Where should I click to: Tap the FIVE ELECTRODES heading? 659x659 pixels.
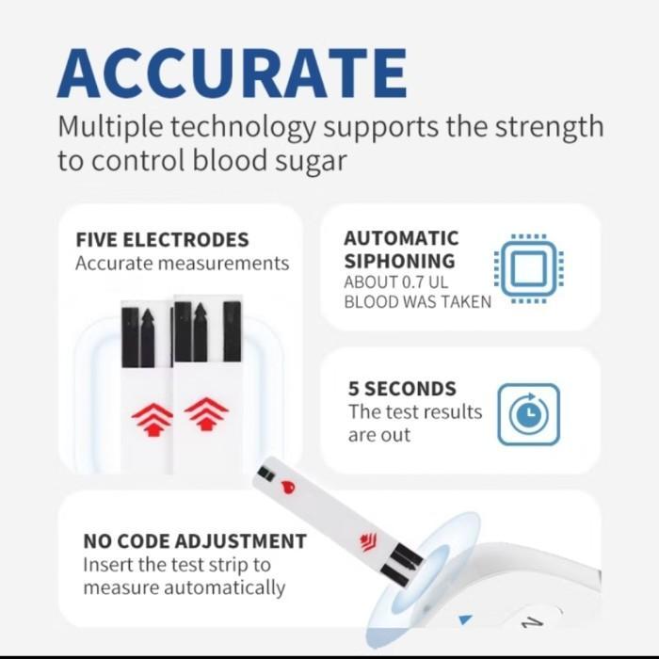coord(162,239)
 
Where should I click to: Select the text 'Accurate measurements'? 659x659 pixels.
coord(182,264)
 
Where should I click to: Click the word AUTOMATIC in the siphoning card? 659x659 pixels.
coord(401,238)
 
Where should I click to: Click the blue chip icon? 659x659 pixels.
coord(528,269)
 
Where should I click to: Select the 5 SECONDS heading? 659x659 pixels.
coord(402,389)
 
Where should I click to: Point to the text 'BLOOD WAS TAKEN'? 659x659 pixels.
coord(417,302)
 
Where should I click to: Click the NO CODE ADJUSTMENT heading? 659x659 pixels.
coord(195,541)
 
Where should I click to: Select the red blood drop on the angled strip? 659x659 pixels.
coord(288,487)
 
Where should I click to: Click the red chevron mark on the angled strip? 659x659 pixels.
coord(367,539)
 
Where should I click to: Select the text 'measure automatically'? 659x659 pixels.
coord(184,587)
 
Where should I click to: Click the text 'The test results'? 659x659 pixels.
coord(414,412)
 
